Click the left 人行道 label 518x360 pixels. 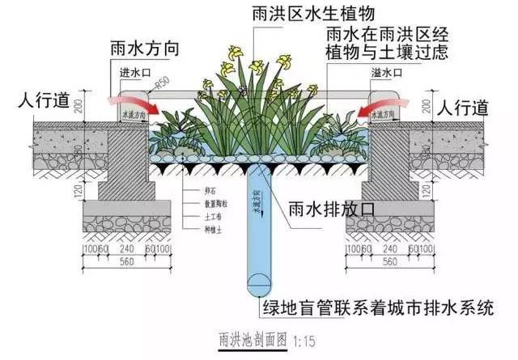pos(39,102)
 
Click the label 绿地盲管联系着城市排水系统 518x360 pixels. pos(380,308)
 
